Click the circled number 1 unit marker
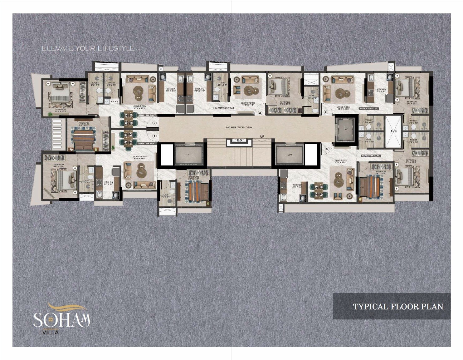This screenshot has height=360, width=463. [x=154, y=136]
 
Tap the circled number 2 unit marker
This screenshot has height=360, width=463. [x=154, y=123]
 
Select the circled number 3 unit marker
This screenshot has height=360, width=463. [x=260, y=113]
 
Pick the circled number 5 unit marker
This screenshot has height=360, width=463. [x=327, y=149]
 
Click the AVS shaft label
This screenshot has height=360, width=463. [x=393, y=131]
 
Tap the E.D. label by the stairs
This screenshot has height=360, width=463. [x=239, y=141]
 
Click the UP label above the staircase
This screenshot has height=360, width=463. [x=262, y=136]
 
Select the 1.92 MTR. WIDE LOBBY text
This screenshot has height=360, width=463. [x=239, y=127]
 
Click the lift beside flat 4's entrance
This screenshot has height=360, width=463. [x=345, y=129]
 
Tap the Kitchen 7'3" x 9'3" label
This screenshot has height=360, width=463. [x=381, y=90]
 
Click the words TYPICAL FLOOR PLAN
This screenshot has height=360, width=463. [x=398, y=307]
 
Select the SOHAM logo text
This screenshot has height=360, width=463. [x=61, y=319]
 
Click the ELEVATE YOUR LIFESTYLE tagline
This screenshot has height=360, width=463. [x=88, y=48]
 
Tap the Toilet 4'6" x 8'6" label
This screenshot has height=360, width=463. [x=166, y=196]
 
